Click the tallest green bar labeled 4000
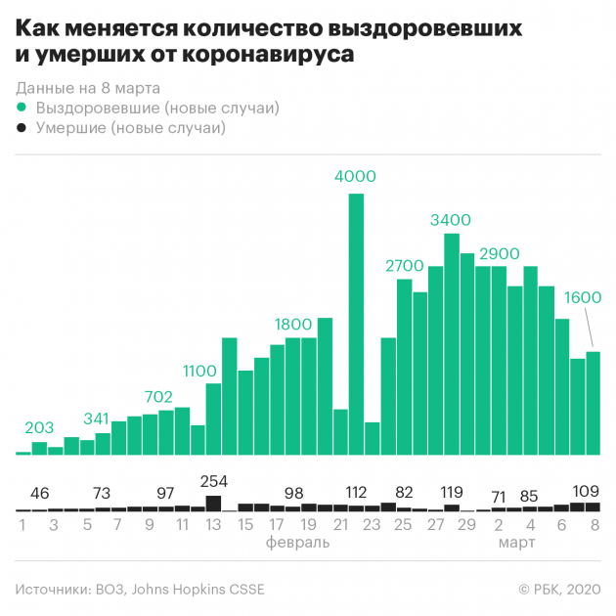click(356, 323)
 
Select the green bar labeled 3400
click(451, 342)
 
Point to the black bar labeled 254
click(213, 503)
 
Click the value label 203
click(39, 427)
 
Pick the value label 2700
click(404, 266)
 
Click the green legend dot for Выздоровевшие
click(22, 108)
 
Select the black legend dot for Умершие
click(22, 128)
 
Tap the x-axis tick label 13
click(213, 524)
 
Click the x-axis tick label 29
click(467, 524)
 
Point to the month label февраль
click(291, 542)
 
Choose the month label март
click(515, 542)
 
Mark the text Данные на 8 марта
click(88, 88)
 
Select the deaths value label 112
click(356, 492)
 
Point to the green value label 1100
click(199, 371)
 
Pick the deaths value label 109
click(586, 490)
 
